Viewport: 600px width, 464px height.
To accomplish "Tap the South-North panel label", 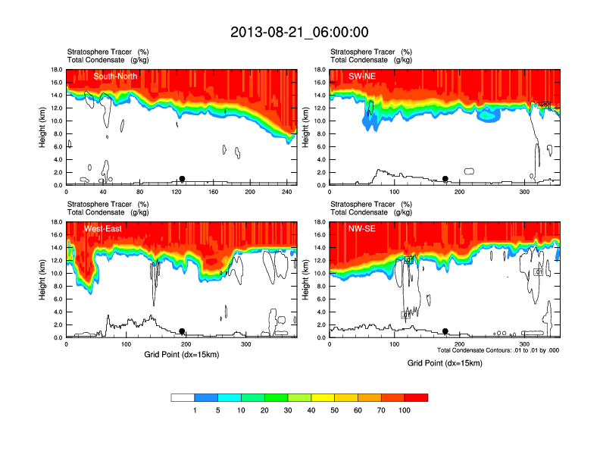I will [x=115, y=76].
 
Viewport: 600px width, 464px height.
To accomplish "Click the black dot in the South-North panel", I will [x=182, y=179].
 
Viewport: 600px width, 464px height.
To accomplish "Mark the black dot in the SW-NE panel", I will [x=445, y=179].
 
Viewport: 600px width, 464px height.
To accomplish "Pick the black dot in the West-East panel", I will [x=182, y=331].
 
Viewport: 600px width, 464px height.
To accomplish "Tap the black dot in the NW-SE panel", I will [x=445, y=331].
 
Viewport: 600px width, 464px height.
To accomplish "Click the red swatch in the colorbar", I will [x=416, y=397].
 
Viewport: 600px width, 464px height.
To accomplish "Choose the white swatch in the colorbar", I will [x=183, y=397].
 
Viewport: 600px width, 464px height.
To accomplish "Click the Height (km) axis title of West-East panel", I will [x=41, y=280].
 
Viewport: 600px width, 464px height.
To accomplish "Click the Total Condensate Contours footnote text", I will [x=498, y=350].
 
